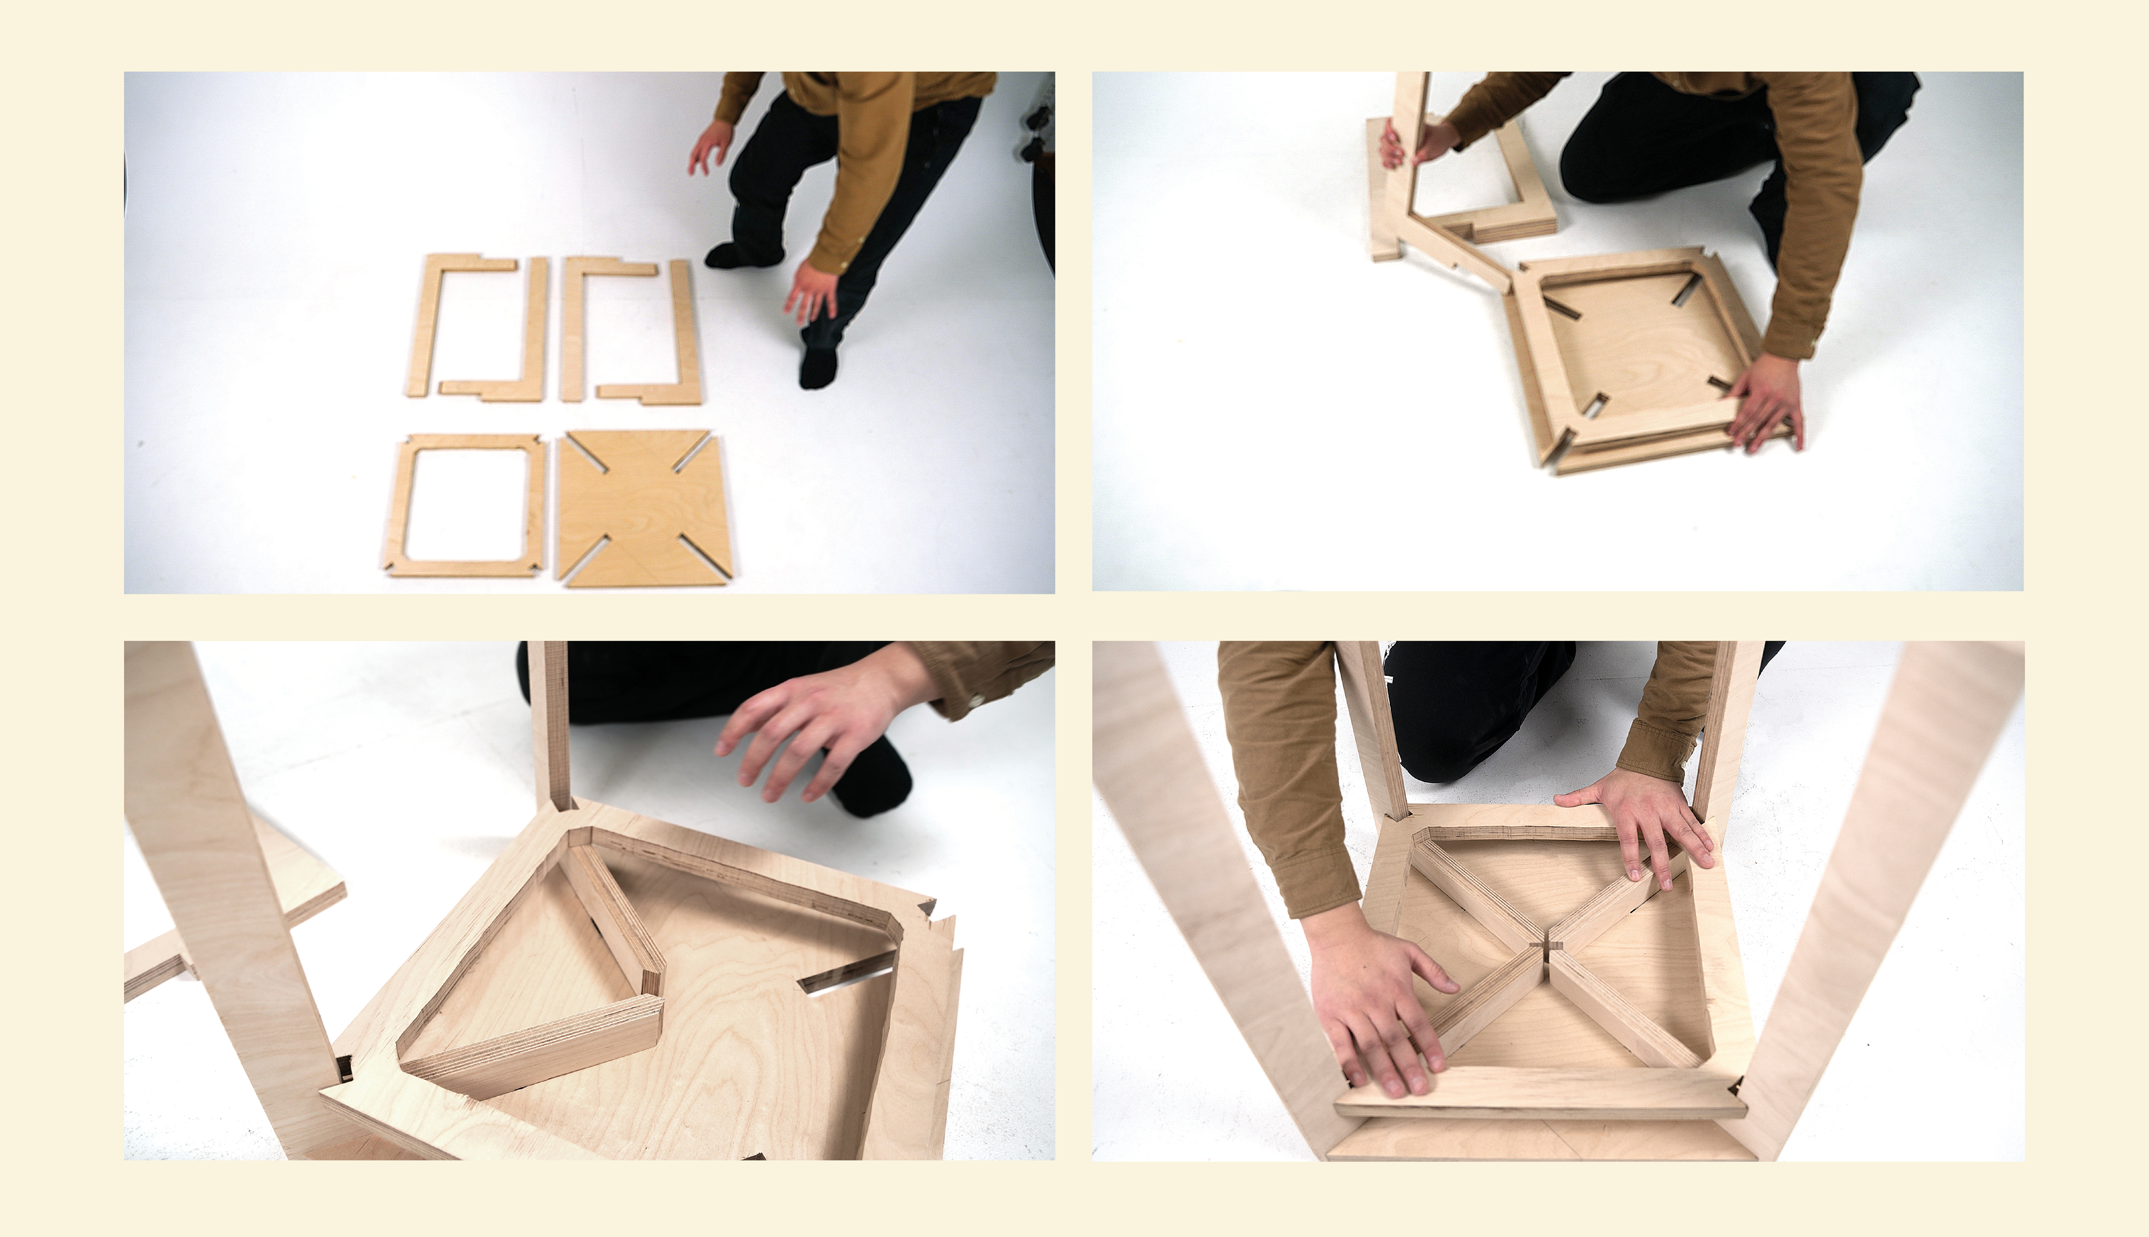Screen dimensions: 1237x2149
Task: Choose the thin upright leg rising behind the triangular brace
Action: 551,722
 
